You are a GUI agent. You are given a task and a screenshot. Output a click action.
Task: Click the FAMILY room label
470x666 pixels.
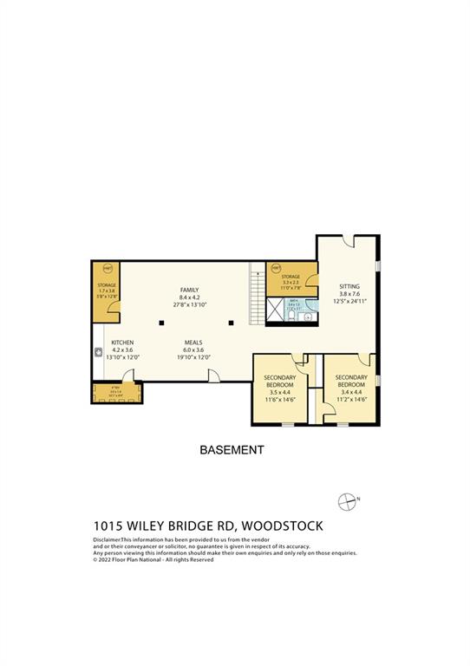(x=189, y=290)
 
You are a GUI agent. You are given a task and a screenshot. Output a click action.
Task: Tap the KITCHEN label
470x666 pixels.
(x=122, y=343)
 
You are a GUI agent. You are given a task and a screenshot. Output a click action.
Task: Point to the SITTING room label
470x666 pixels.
(x=349, y=286)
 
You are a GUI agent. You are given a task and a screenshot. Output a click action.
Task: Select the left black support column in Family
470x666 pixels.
(x=160, y=323)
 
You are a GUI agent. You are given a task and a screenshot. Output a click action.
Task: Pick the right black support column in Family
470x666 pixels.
(x=231, y=323)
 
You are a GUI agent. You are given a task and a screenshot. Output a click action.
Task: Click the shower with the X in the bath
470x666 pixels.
(x=277, y=309)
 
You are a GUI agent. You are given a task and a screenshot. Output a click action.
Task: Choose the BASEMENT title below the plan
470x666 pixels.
(x=232, y=450)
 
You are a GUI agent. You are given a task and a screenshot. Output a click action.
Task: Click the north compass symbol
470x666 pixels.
(x=347, y=500)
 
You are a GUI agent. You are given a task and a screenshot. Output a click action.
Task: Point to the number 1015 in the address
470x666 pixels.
(x=108, y=526)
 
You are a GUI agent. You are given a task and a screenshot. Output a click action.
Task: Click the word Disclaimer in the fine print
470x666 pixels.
(x=110, y=539)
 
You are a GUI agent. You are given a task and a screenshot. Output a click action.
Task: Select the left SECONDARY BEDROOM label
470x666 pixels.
(x=280, y=381)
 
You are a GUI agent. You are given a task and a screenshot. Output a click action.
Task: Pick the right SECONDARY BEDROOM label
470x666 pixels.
(x=351, y=381)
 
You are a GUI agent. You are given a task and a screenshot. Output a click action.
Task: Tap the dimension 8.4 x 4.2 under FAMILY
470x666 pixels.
(x=189, y=297)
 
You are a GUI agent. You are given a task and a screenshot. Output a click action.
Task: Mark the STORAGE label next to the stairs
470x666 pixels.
(x=290, y=277)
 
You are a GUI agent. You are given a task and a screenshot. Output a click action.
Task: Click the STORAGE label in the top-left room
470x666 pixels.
(x=107, y=284)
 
